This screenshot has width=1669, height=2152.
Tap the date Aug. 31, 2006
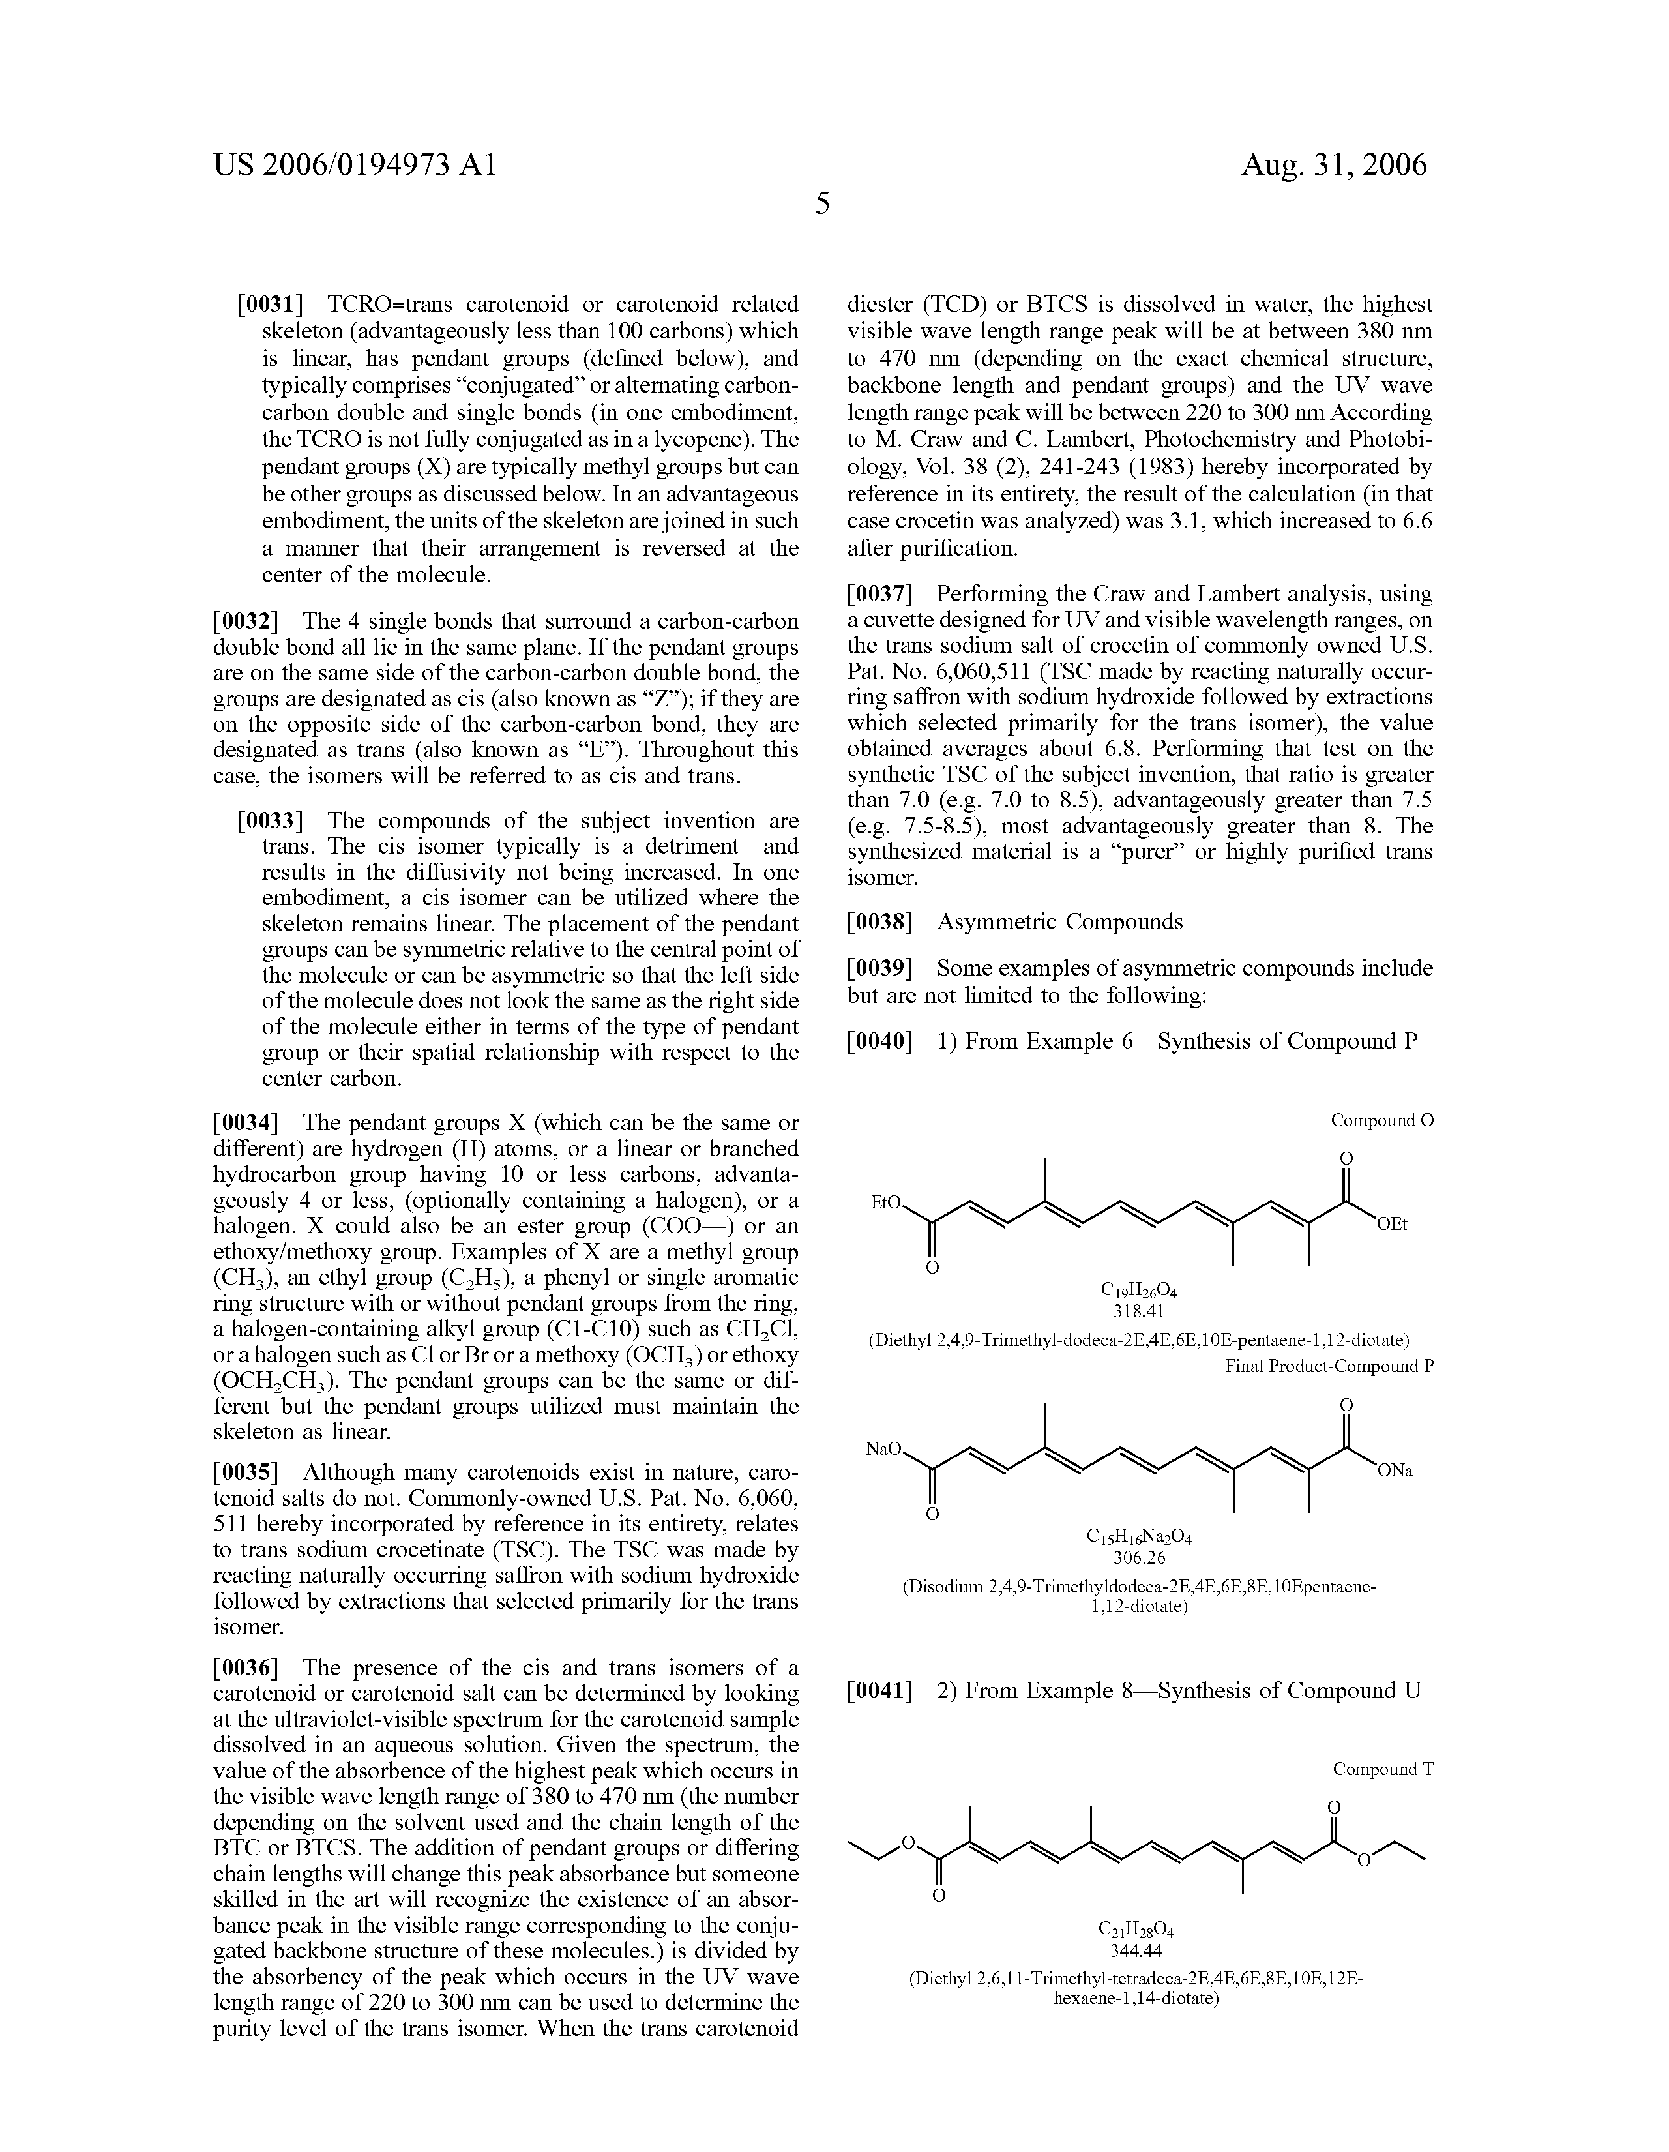point(1333,164)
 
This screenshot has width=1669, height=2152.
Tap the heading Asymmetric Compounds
point(1059,922)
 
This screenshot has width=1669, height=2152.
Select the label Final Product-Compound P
point(1329,1367)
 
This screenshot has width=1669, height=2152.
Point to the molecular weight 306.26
point(1139,1558)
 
